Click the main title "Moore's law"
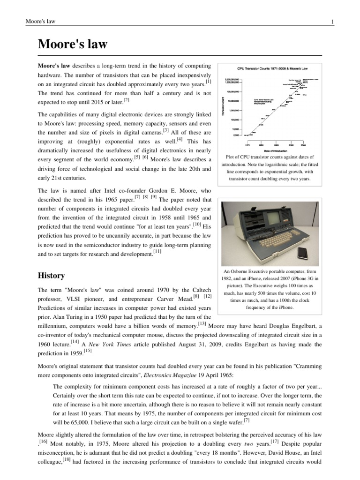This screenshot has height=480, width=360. pyautogui.click(x=73, y=45)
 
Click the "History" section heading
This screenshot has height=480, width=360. pyautogui.click(x=52, y=275)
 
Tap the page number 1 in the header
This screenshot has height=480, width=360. pyautogui.click(x=332, y=22)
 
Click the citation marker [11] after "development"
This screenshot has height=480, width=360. pyautogui.click(x=157, y=252)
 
